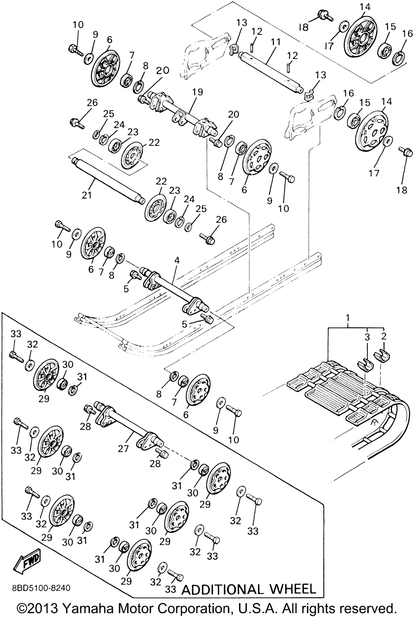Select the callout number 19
point(197,92)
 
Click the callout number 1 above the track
point(348,317)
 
